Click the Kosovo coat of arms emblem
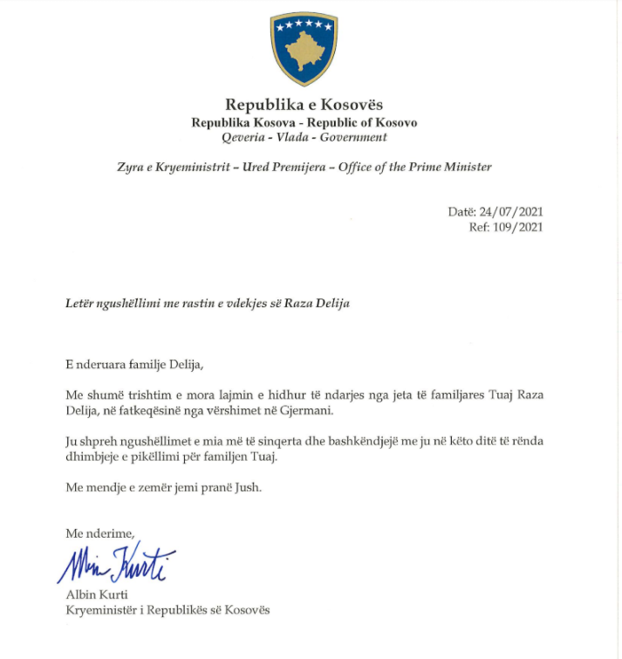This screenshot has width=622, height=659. pyautogui.click(x=304, y=49)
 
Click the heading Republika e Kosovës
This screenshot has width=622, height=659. pyautogui.click(x=304, y=106)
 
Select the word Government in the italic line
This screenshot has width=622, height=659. pyautogui.click(x=353, y=137)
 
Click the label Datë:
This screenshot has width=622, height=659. pyautogui.click(x=461, y=212)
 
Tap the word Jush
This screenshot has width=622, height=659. pyautogui.click(x=247, y=486)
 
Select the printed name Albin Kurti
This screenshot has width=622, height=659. pyautogui.click(x=93, y=594)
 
